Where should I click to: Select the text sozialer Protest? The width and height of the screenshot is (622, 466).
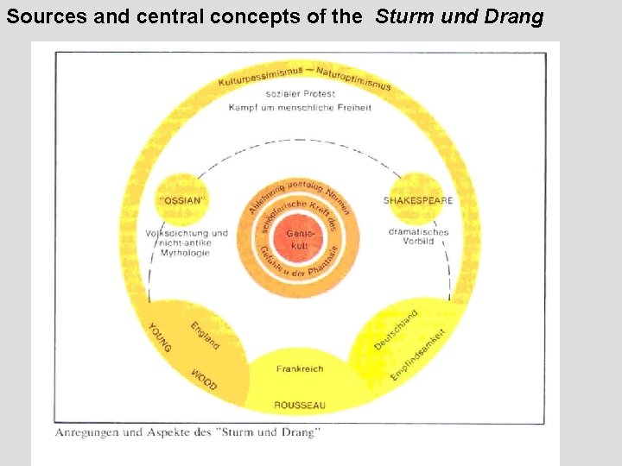tap(300, 93)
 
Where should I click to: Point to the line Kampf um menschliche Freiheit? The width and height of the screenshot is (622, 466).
tap(300, 108)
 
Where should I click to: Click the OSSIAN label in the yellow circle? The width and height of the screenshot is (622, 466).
tap(182, 200)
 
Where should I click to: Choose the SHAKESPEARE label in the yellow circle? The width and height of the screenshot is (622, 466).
tap(418, 200)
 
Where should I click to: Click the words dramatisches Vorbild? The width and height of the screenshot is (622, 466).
tap(418, 238)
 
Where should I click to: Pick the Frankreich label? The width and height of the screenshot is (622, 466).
tap(300, 368)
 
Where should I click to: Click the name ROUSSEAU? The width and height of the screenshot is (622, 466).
tap(300, 404)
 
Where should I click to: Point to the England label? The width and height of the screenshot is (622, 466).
tap(205, 335)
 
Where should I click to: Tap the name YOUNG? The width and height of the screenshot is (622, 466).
tap(161, 337)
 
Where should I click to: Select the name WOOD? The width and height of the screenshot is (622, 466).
tap(204, 381)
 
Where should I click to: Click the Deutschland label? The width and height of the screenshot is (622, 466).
tap(396, 330)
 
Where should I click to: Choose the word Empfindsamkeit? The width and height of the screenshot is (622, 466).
tap(418, 355)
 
